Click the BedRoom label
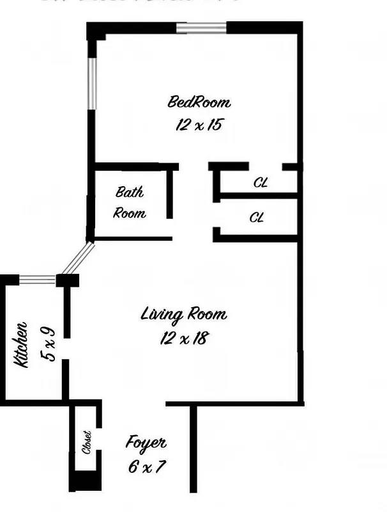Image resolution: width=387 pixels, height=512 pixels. (199, 102)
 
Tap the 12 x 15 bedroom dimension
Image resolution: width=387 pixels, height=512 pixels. (199, 124)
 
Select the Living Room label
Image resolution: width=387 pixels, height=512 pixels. (183, 315)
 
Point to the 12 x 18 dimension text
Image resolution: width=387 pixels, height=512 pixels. (183, 338)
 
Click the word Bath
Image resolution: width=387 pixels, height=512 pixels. (130, 191)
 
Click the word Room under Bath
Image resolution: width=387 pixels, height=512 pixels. (130, 213)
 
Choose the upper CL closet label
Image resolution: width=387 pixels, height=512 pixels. (261, 183)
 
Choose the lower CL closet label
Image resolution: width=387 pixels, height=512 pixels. (257, 218)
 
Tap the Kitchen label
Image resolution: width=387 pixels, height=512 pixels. (20, 344)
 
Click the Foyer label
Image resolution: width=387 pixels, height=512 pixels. (146, 442)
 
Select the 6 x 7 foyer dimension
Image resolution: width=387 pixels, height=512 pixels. (146, 465)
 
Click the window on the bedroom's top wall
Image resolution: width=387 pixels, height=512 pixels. (201, 28)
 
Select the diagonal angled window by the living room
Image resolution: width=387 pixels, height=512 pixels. (77, 259)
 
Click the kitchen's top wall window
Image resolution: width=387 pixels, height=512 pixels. (38, 280)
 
